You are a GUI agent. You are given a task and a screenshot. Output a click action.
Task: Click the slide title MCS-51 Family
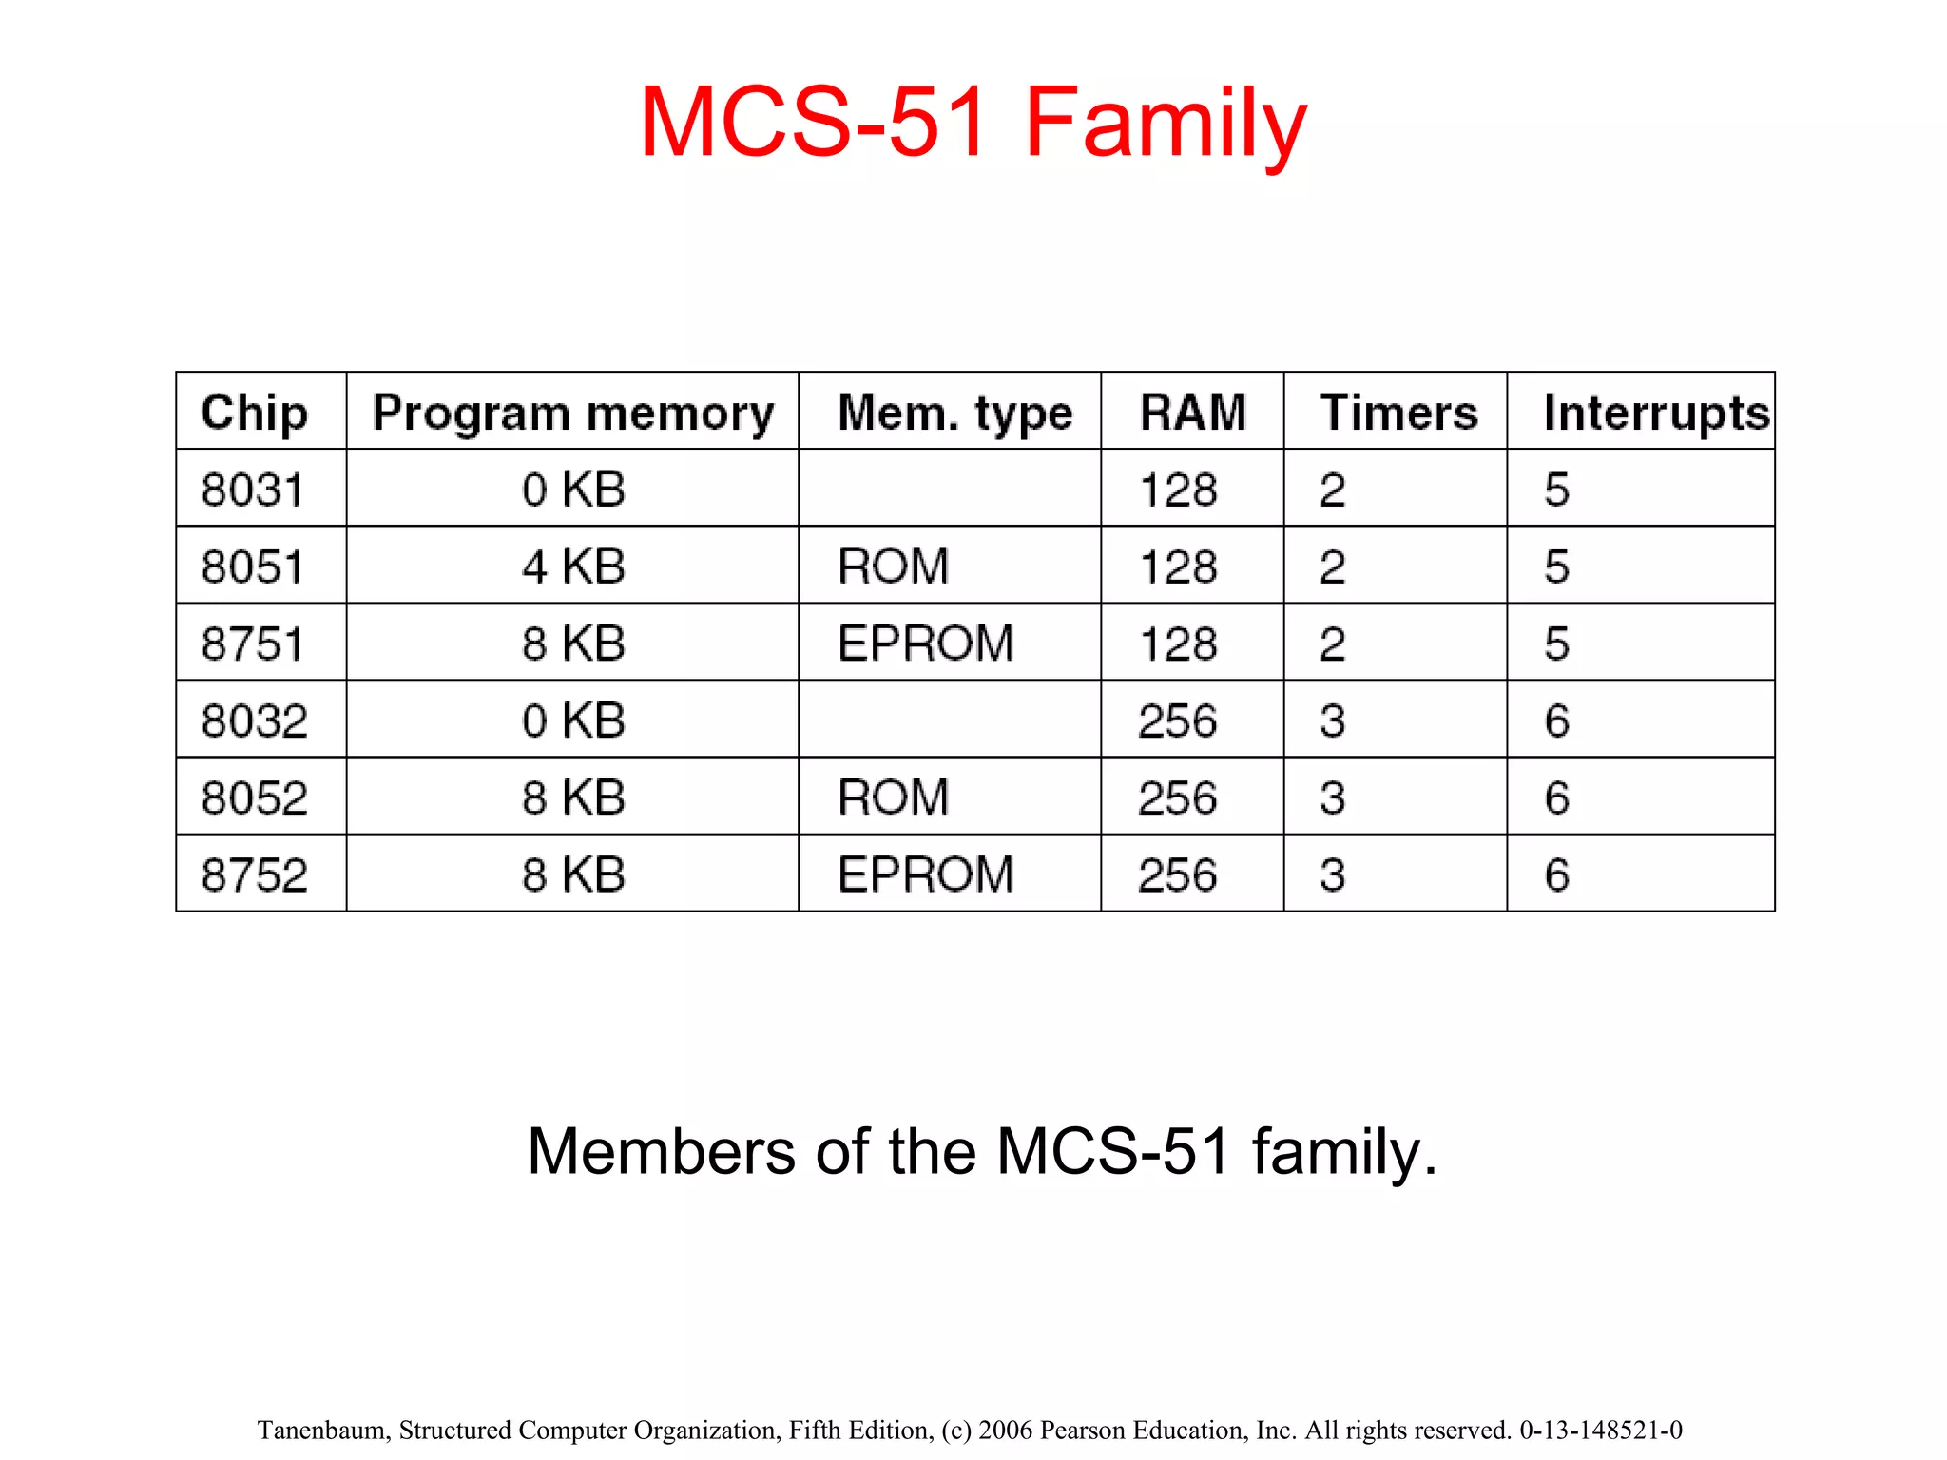(x=973, y=124)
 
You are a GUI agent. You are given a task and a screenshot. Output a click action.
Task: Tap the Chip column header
(x=254, y=413)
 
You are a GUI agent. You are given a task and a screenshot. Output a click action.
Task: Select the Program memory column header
(x=573, y=413)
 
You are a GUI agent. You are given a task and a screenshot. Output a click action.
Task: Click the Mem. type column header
(x=954, y=413)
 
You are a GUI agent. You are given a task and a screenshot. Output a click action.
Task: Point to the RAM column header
(x=1192, y=413)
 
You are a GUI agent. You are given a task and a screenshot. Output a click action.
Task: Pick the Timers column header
(x=1398, y=413)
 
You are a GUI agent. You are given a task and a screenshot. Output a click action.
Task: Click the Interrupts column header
(x=1656, y=413)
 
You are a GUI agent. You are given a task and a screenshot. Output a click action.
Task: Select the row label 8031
(x=252, y=490)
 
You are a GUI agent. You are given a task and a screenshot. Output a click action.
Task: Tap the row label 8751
(x=252, y=644)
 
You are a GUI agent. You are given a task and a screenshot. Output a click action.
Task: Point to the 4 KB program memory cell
(x=573, y=567)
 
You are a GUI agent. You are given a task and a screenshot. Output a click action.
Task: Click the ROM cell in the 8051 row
(x=893, y=567)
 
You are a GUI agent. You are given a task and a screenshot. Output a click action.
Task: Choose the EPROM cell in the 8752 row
(x=925, y=875)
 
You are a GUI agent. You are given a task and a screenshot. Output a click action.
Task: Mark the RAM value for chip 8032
(x=1177, y=721)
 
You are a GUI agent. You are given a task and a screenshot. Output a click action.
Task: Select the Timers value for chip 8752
(x=1332, y=875)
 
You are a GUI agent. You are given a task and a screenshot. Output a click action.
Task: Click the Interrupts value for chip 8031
(x=1556, y=490)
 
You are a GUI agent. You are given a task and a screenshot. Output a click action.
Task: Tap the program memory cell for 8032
(x=573, y=721)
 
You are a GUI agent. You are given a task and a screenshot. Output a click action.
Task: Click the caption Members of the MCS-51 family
(x=982, y=1152)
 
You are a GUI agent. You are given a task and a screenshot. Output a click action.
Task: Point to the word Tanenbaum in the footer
(x=323, y=1431)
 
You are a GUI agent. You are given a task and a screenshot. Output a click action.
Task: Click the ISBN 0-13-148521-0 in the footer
(x=1601, y=1431)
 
